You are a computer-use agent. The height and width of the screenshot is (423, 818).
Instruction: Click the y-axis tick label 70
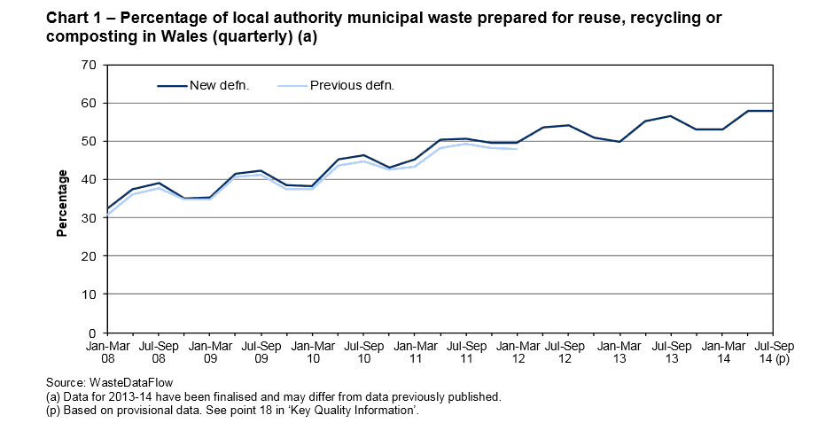[88, 65]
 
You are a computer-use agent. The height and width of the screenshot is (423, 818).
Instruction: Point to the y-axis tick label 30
[88, 217]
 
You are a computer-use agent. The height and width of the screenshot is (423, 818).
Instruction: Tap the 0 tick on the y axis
[91, 332]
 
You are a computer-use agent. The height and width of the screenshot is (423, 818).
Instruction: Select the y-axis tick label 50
[88, 141]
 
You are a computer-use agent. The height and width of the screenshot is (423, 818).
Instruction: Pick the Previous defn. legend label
[352, 86]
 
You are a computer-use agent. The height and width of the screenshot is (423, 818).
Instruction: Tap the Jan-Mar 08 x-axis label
[107, 352]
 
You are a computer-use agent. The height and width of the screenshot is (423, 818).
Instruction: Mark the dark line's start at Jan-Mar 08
[107, 209]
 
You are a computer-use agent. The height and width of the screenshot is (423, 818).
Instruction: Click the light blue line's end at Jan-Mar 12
[516, 149]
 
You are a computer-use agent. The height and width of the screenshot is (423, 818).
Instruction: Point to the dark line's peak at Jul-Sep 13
[670, 116]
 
